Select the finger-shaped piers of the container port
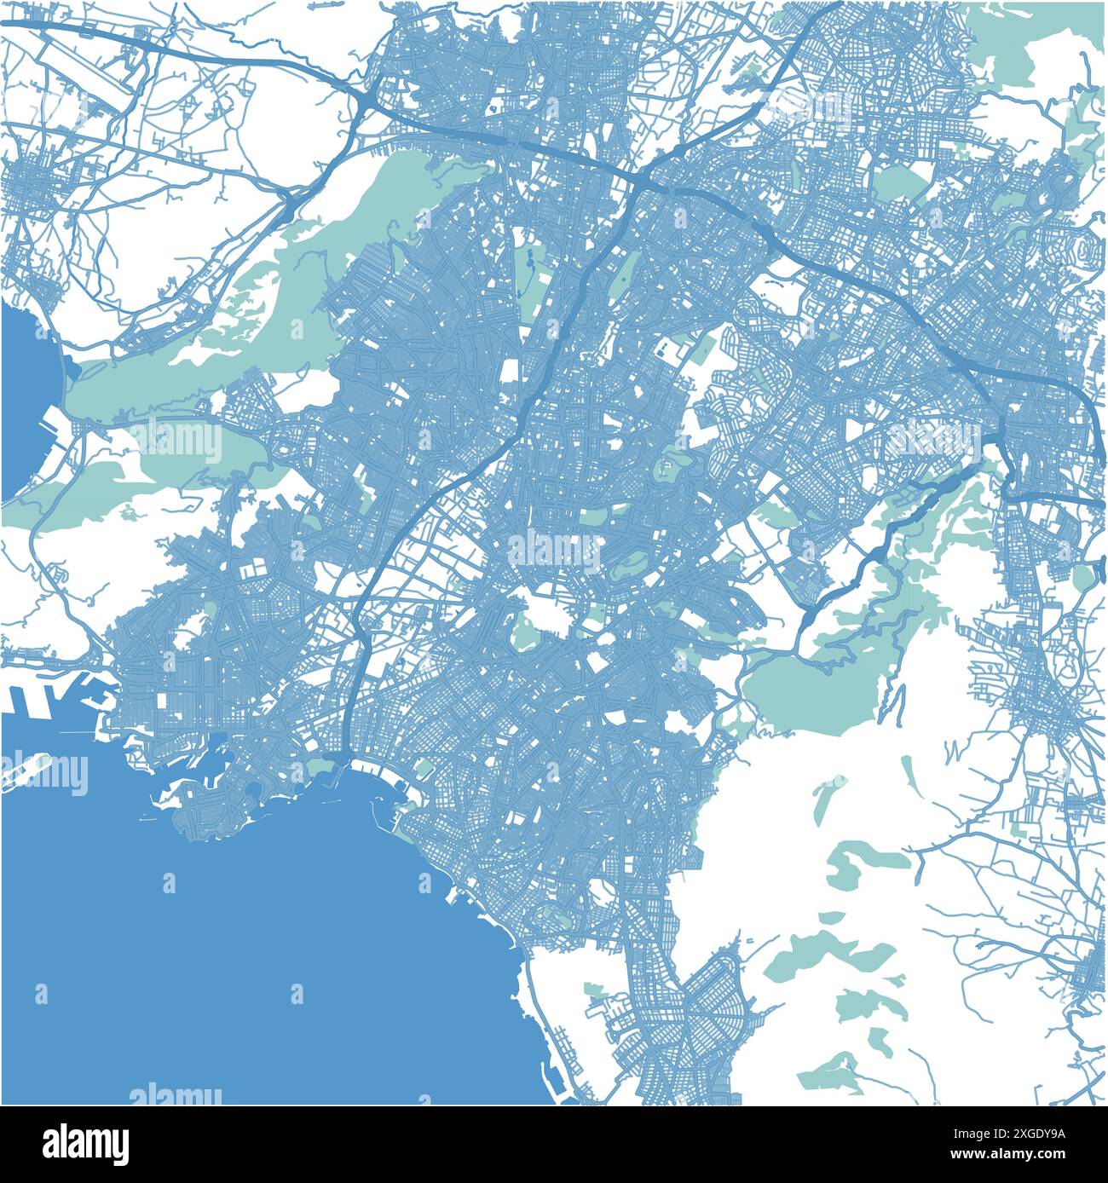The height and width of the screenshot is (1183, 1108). click(x=51, y=695)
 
